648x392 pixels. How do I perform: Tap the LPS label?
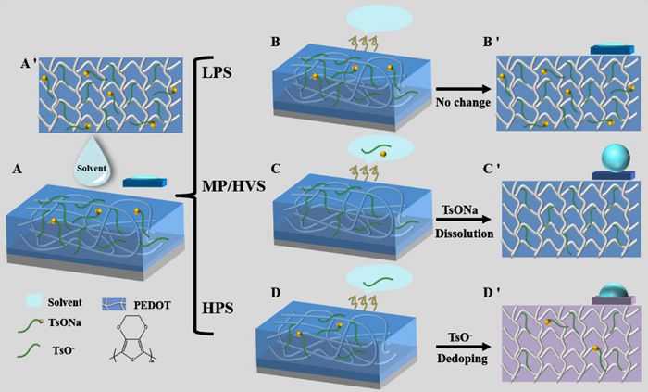(x=217, y=73)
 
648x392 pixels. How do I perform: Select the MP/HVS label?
(x=233, y=186)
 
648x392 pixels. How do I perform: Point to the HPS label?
(x=218, y=308)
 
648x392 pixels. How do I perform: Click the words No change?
(x=463, y=102)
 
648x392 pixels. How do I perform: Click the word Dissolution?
(x=464, y=234)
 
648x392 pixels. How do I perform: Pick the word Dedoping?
(x=462, y=358)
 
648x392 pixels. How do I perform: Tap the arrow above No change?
(x=463, y=89)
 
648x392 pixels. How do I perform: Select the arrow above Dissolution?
(x=464, y=221)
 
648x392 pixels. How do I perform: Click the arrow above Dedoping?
(x=463, y=347)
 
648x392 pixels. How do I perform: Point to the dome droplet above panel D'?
(x=613, y=291)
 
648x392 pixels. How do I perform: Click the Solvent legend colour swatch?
(x=34, y=301)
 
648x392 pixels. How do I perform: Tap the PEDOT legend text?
(x=152, y=306)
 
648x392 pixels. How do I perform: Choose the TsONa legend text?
(x=65, y=322)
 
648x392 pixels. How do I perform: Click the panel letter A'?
(x=29, y=64)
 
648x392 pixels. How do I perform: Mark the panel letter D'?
(x=491, y=292)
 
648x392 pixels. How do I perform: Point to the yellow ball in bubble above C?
(x=383, y=154)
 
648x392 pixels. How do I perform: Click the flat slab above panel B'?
(x=612, y=49)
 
